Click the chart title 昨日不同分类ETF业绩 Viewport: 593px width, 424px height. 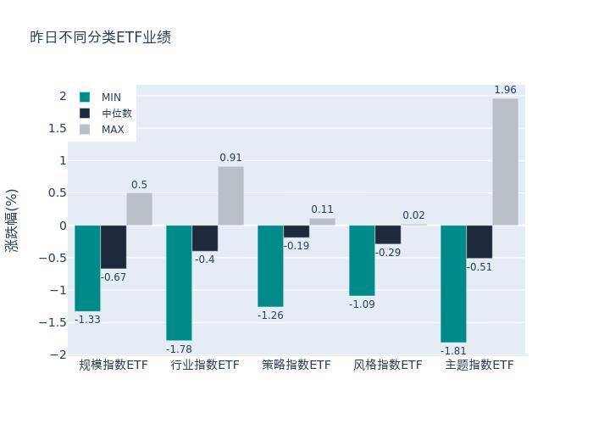(101, 37)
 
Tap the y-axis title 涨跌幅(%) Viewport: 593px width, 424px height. (12, 220)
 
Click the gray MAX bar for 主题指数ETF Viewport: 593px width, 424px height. (505, 162)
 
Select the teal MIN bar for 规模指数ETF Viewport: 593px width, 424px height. (87, 268)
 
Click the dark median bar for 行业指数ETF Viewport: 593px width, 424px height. (205, 238)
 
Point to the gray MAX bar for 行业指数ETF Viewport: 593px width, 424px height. (230, 196)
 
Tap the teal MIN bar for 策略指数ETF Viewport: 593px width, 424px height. (270, 265)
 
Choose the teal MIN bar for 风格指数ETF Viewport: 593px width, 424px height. (362, 260)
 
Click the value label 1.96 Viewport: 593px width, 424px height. (505, 90)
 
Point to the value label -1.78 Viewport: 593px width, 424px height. (179, 349)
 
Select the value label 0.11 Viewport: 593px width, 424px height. (322, 209)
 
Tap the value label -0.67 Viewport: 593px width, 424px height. (114, 277)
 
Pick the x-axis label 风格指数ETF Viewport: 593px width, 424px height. (387, 365)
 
